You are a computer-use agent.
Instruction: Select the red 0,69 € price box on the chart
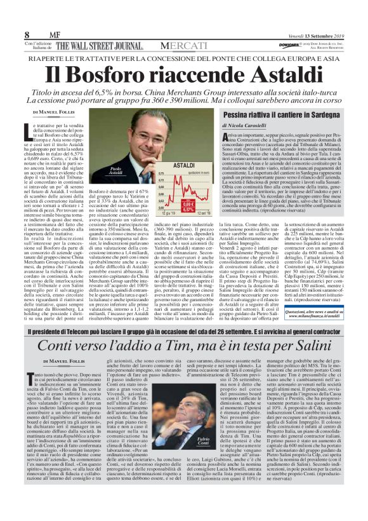pyautogui.click(x=190, y=185)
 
